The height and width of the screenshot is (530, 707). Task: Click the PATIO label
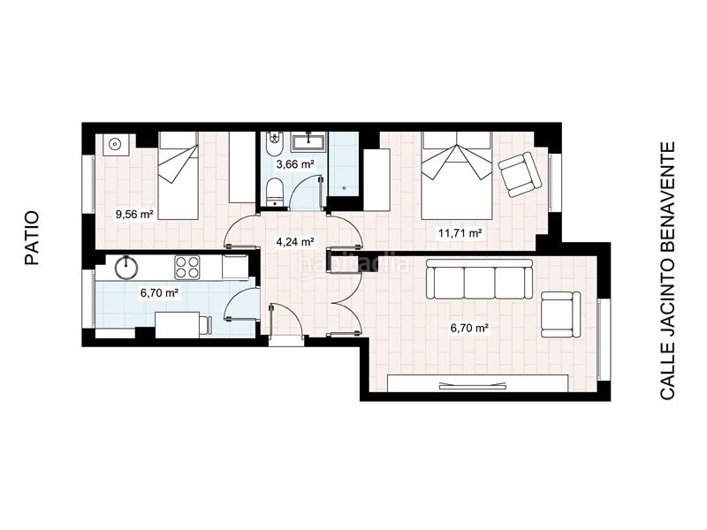[32, 238]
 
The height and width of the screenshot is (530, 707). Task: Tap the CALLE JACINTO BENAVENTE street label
[667, 270]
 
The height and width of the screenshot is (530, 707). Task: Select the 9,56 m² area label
[135, 215]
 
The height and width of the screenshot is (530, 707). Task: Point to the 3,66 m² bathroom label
[295, 164]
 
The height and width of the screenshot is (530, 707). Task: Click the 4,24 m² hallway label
[295, 242]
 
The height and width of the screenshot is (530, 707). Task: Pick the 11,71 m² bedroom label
[460, 233]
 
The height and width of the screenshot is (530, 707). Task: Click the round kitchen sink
[125, 268]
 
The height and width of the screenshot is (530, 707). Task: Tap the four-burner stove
[187, 267]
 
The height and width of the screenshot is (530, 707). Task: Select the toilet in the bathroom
[274, 192]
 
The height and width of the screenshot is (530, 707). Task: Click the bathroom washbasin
[308, 141]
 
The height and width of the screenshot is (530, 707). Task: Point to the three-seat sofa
[479, 278]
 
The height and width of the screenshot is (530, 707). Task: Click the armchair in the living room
[560, 314]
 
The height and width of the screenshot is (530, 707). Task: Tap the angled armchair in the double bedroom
[520, 174]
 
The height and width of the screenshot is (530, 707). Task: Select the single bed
[179, 176]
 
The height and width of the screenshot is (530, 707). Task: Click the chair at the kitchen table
[206, 326]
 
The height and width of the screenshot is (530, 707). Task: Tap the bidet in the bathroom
[274, 144]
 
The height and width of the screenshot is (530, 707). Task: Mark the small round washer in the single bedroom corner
[117, 144]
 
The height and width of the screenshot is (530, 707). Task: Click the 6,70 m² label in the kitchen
[160, 293]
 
